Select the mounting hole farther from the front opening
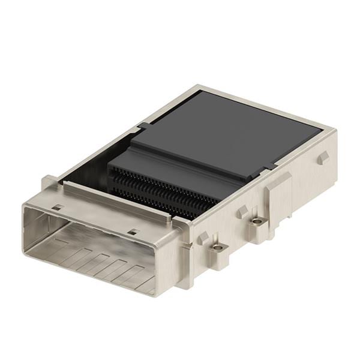coord(257,221)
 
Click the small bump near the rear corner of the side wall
coord(322,158)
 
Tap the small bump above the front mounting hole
coord(203,237)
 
